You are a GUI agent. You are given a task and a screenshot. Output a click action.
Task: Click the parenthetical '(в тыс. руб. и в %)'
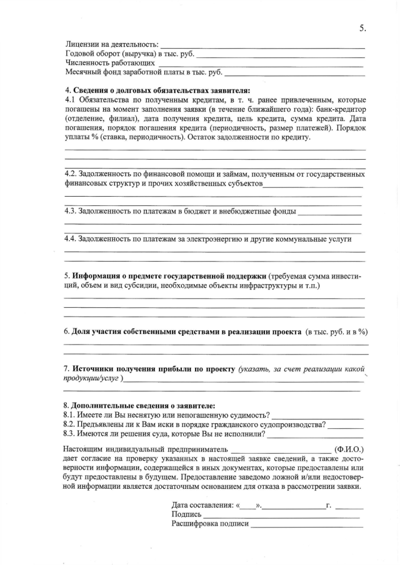(x=336, y=331)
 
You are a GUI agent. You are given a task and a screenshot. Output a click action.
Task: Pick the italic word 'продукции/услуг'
(x=93, y=379)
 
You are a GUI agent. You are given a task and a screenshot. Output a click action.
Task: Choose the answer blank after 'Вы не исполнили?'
(x=315, y=436)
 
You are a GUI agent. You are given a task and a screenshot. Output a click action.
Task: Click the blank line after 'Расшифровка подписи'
(x=306, y=526)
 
